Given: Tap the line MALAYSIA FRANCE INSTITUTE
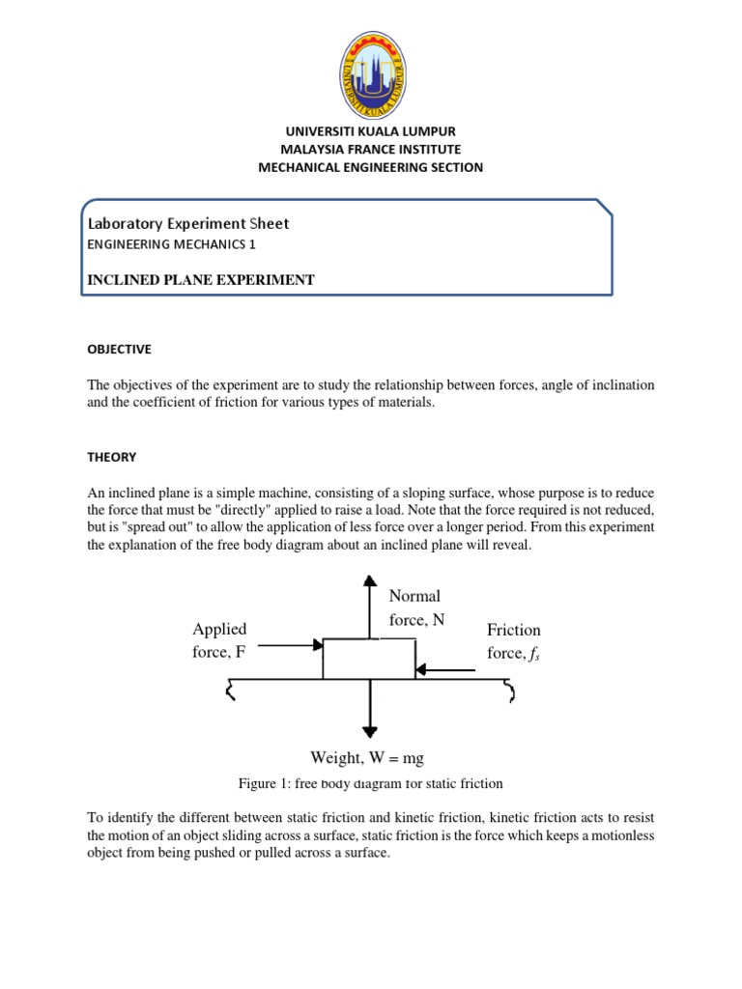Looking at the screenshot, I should pyautogui.click(x=371, y=149).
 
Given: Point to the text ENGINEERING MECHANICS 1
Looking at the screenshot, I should pyautogui.click(x=173, y=245).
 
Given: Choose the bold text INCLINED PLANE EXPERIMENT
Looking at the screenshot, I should pyautogui.click(x=201, y=280).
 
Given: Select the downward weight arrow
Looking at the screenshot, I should pyautogui.click(x=369, y=710).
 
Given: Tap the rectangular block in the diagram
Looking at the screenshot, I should pyautogui.click(x=369, y=659).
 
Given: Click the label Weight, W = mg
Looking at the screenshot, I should pyautogui.click(x=367, y=758).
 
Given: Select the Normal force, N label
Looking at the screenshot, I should pyautogui.click(x=416, y=608).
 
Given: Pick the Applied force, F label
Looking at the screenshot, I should pyautogui.click(x=219, y=640).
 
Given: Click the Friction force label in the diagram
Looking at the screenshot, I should pyautogui.click(x=514, y=642).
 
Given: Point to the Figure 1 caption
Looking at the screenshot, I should pyautogui.click(x=371, y=783).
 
